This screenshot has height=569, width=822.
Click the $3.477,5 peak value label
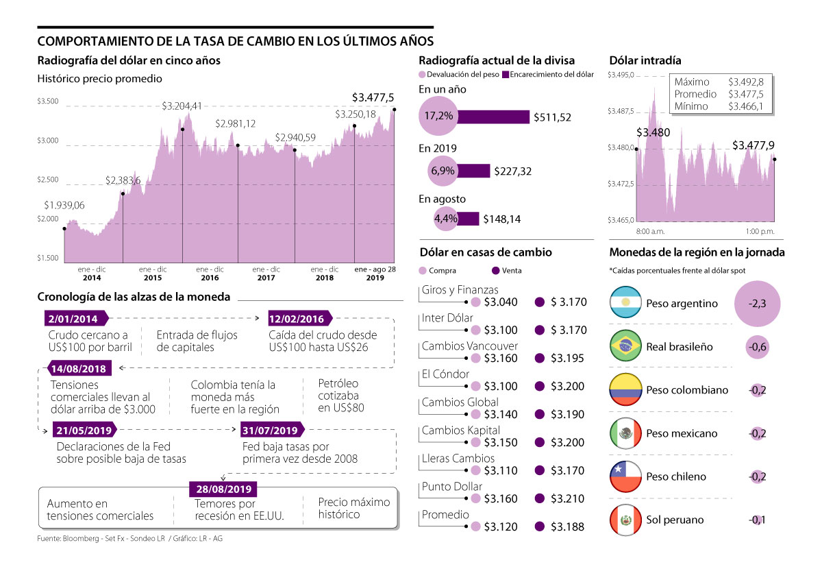pos(373,98)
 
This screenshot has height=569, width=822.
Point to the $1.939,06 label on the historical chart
pos(64,205)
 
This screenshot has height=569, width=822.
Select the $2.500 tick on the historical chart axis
pos(48,180)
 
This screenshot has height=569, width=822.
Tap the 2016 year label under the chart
pos(210,278)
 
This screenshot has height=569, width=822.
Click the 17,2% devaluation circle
pos(438,117)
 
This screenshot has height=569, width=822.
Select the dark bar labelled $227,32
pos(473,171)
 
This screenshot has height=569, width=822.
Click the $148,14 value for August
pos(502,219)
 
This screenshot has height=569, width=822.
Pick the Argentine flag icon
pos(625,303)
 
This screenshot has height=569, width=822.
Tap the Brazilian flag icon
pos(625,347)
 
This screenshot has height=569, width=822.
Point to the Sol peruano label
pos(675,520)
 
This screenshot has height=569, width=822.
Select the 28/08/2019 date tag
pos(223,489)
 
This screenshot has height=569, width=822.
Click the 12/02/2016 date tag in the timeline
pos(297,319)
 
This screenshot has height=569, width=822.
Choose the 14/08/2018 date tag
pos(77,369)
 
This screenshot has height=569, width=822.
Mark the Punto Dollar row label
pos(452,487)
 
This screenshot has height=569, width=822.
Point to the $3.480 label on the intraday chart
pos(653,132)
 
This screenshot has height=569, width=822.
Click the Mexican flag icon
pos(625,433)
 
